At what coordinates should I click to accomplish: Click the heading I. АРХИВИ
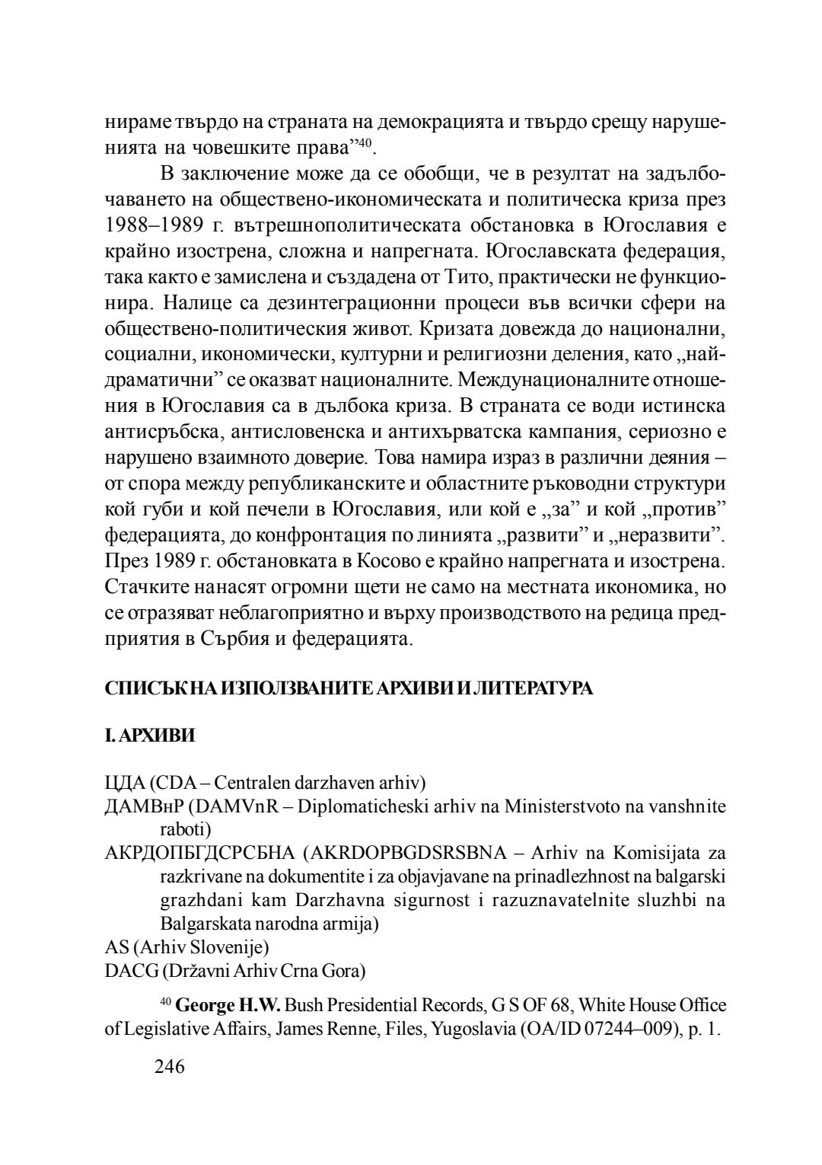coord(149,736)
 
